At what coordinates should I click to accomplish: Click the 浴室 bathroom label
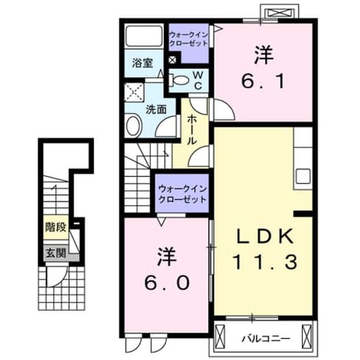pyautogui.click(x=143, y=63)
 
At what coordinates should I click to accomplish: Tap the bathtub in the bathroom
pyautogui.click(x=144, y=36)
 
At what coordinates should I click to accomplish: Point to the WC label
pyautogui.click(x=198, y=81)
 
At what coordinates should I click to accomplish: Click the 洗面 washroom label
pyautogui.click(x=157, y=110)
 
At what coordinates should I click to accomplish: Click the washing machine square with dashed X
pyautogui.click(x=134, y=93)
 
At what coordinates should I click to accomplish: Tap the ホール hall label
pyautogui.click(x=191, y=130)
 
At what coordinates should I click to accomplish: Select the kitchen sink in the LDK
pyautogui.click(x=303, y=177)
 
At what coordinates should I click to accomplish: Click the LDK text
pyautogui.click(x=265, y=236)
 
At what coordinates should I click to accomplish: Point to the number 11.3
pyautogui.click(x=265, y=262)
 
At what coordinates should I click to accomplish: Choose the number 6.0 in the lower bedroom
pyautogui.click(x=167, y=283)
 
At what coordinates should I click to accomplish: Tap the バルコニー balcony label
pyautogui.click(x=266, y=338)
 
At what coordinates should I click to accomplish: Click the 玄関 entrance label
pyautogui.click(x=56, y=253)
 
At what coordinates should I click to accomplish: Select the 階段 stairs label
pyautogui.click(x=56, y=227)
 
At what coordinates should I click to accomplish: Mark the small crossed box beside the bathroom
pyautogui.click(x=173, y=60)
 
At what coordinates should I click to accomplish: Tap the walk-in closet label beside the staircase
pyautogui.click(x=182, y=194)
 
